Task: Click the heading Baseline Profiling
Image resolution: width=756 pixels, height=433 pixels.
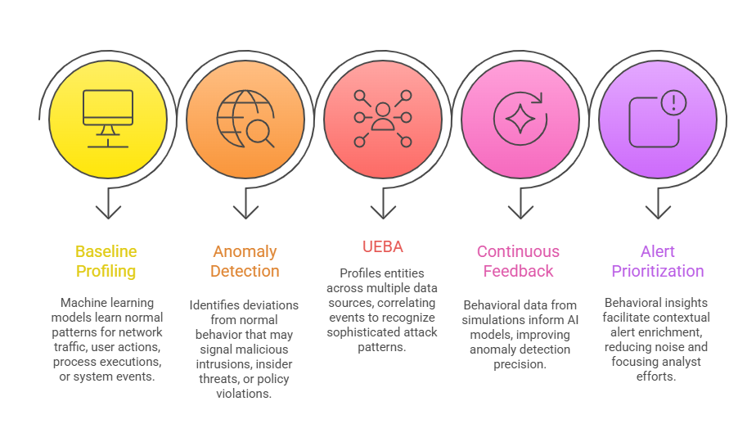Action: pos(106,261)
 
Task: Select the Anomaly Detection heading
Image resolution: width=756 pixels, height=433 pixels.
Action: pos(245,261)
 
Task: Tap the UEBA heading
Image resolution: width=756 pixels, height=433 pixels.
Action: pos(383,246)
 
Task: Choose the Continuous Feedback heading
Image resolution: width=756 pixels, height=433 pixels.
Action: pos(519,261)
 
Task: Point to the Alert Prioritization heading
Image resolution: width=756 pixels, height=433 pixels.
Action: pos(656,261)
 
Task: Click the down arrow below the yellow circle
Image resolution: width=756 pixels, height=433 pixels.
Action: pos(108,205)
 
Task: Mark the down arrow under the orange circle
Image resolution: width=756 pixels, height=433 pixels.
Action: pos(245,205)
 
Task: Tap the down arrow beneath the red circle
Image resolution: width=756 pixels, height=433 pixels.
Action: pos(383,205)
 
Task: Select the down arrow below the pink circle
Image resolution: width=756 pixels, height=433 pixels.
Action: pos(520,205)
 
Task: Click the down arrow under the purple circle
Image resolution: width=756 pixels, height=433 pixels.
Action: pos(657,205)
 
